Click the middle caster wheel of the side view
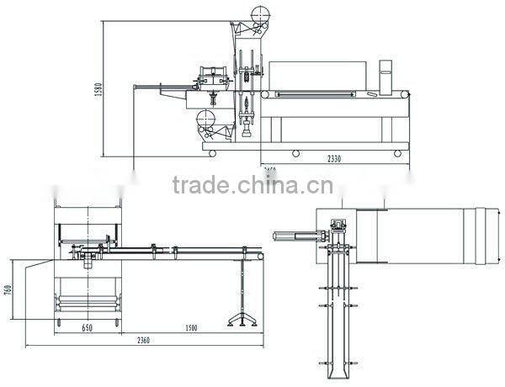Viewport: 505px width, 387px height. (295, 153)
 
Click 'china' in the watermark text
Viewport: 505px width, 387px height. (263, 184)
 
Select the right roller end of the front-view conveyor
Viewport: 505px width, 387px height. (260, 253)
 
